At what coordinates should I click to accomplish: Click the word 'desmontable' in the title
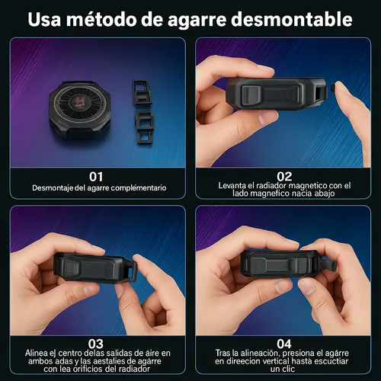point(292,19)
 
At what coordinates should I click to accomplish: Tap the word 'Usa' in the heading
point(44,19)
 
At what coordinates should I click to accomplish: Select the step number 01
point(96,177)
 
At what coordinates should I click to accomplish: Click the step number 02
point(284,176)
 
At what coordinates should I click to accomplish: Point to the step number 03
point(96,344)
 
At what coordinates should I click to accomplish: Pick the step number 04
point(284,344)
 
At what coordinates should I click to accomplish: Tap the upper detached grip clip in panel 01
point(142,92)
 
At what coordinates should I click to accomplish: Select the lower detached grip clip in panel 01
point(145,127)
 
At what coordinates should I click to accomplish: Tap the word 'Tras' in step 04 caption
point(223,353)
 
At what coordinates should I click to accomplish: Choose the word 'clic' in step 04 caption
point(289,369)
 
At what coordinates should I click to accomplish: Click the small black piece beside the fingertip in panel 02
point(333,88)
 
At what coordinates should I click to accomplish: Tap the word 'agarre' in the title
point(197,21)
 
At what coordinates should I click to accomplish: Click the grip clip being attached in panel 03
point(130,271)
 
